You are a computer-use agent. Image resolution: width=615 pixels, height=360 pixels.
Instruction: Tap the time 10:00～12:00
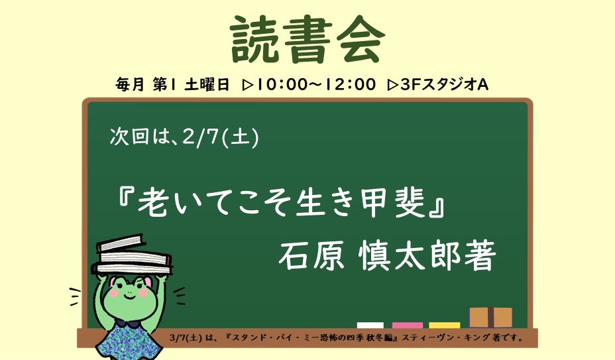click(317, 85)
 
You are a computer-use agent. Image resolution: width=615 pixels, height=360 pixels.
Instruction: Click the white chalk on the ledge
click(370, 325)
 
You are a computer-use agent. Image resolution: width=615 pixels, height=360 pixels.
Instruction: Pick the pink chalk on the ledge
click(407, 325)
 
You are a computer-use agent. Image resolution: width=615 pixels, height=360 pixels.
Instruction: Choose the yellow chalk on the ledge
click(444, 325)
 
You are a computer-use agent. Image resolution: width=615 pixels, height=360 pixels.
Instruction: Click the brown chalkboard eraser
click(490, 317)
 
